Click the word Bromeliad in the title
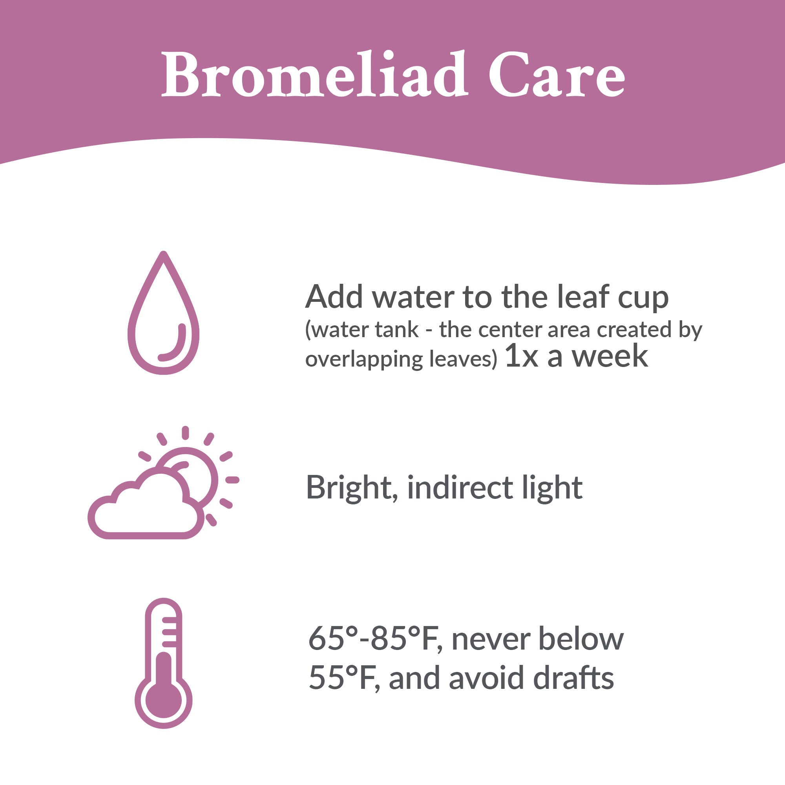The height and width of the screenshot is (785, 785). pos(315,74)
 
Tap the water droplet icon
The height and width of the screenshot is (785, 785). pos(163,313)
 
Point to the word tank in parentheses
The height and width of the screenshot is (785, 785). pos(399,330)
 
